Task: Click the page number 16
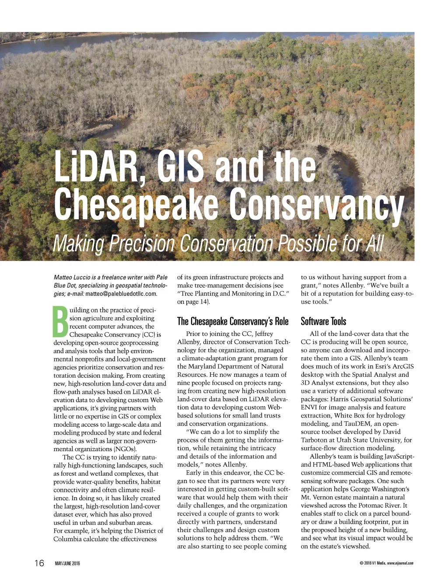point(39,563)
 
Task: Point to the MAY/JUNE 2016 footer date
point(67,563)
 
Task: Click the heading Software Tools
point(323,322)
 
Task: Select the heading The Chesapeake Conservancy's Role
point(233,322)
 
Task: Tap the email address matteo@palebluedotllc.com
point(121,294)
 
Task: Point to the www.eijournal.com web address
point(400,563)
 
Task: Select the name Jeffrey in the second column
point(264,334)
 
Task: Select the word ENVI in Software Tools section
point(309,407)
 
